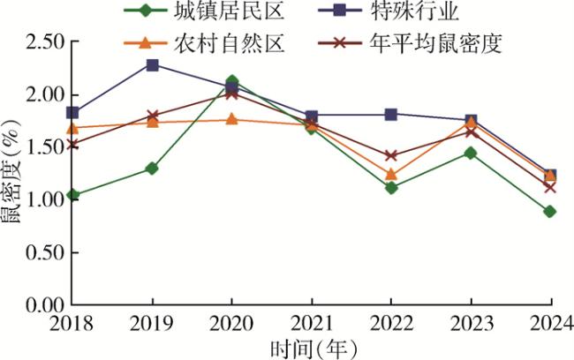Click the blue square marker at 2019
pos(152,64)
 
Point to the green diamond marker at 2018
pos(72,195)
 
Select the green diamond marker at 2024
pos(549,212)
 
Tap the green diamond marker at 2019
pos(152,168)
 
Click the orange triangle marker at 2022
pos(390,175)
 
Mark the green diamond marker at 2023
pos(470,153)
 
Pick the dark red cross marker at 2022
pos(390,156)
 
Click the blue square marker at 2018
pos(72,113)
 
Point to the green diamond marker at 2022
pos(390,188)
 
